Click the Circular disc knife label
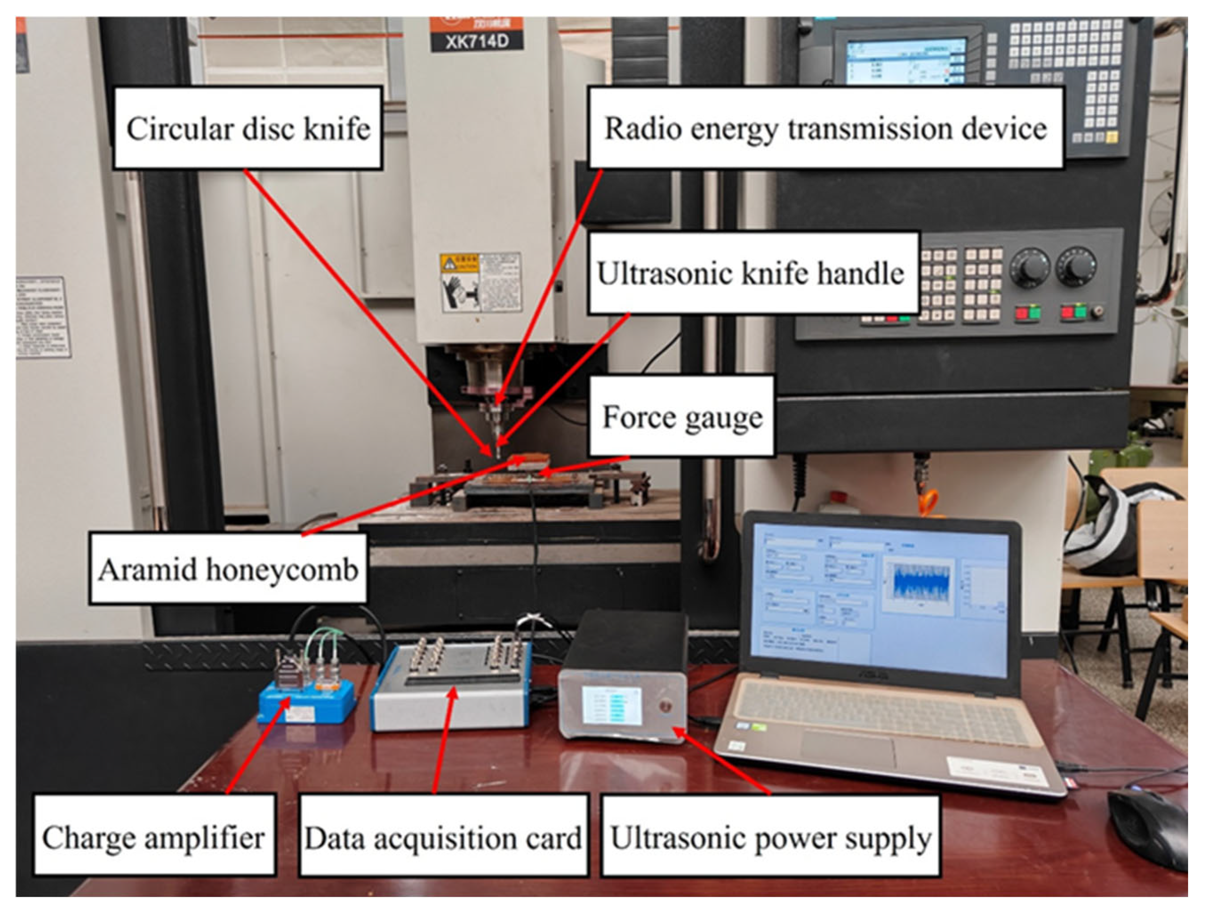(248, 128)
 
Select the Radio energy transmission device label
(825, 128)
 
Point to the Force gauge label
(682, 417)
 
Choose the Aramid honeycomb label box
(228, 570)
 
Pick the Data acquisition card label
(443, 838)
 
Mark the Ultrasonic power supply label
(770, 838)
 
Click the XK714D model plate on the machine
(477, 42)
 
